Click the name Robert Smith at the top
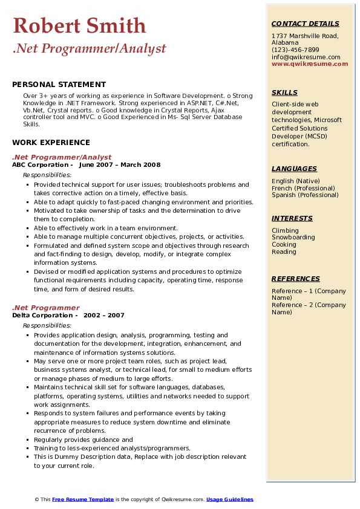79,25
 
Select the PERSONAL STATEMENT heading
59,85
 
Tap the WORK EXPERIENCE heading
51,143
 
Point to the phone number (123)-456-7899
295,50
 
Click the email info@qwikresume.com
306,57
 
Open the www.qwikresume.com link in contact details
310,64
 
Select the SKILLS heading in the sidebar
284,92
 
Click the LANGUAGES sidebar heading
294,169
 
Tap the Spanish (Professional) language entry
306,195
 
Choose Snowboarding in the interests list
293,238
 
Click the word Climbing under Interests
285,230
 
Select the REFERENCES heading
296,279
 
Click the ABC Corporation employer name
40,165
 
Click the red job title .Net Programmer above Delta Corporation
45,308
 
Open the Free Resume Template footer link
83,499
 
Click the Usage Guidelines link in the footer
230,499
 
